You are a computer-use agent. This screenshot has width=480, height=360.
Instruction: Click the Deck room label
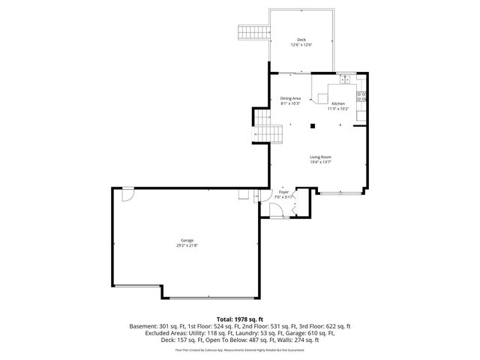[x=301, y=40]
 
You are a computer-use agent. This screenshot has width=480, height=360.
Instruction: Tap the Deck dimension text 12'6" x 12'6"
[x=301, y=45]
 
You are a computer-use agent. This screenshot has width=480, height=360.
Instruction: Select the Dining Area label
[x=291, y=98]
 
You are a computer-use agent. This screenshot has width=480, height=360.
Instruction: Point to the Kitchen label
[x=338, y=103]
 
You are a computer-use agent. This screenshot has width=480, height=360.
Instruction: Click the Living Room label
[x=321, y=157]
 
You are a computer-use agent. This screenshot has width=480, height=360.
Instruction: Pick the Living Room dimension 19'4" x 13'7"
[x=321, y=162]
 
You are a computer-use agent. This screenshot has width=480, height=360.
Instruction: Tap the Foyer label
[x=283, y=192]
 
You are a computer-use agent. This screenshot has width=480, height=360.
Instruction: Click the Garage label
[x=187, y=240]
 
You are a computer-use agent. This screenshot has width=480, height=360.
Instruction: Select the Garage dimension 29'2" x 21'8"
[x=187, y=245]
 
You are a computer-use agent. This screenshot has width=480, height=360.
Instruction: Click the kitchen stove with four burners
[x=361, y=95]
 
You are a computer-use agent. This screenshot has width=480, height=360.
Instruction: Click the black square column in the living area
[x=310, y=127]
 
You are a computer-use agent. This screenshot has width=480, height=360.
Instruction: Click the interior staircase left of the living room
[x=270, y=133]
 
